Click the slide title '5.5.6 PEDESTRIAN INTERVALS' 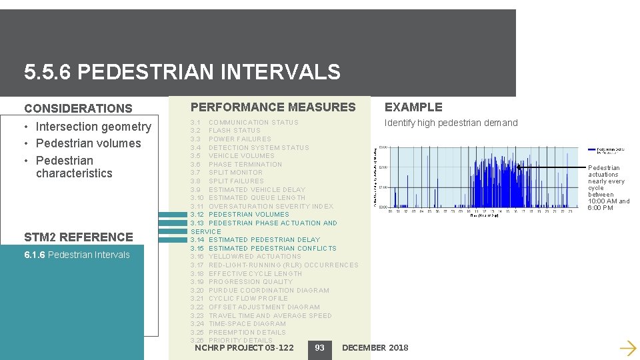181,72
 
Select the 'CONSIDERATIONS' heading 78,108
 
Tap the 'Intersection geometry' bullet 93,127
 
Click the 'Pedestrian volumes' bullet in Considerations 88,143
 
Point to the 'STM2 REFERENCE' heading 78,237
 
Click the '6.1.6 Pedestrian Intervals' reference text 77,255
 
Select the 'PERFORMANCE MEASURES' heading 273,107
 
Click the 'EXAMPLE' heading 413,107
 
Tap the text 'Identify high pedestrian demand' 451,123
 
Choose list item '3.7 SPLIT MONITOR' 227,173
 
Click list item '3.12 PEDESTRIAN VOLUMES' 240,215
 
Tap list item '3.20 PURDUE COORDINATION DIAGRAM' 260,291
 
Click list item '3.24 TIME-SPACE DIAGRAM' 238,324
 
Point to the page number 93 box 319,348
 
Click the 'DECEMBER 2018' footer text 375,348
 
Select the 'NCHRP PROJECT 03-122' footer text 244,348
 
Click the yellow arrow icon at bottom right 627,347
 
